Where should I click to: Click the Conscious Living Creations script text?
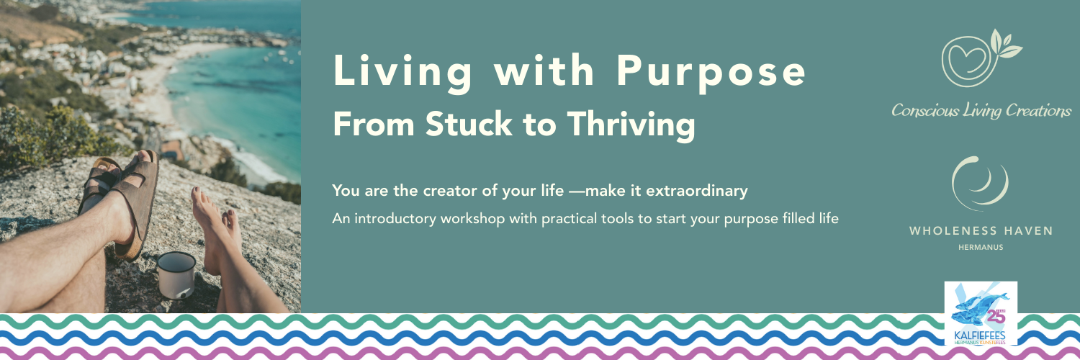coord(981,111)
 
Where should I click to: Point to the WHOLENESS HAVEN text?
coord(981,231)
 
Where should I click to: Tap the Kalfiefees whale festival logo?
coord(981,313)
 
